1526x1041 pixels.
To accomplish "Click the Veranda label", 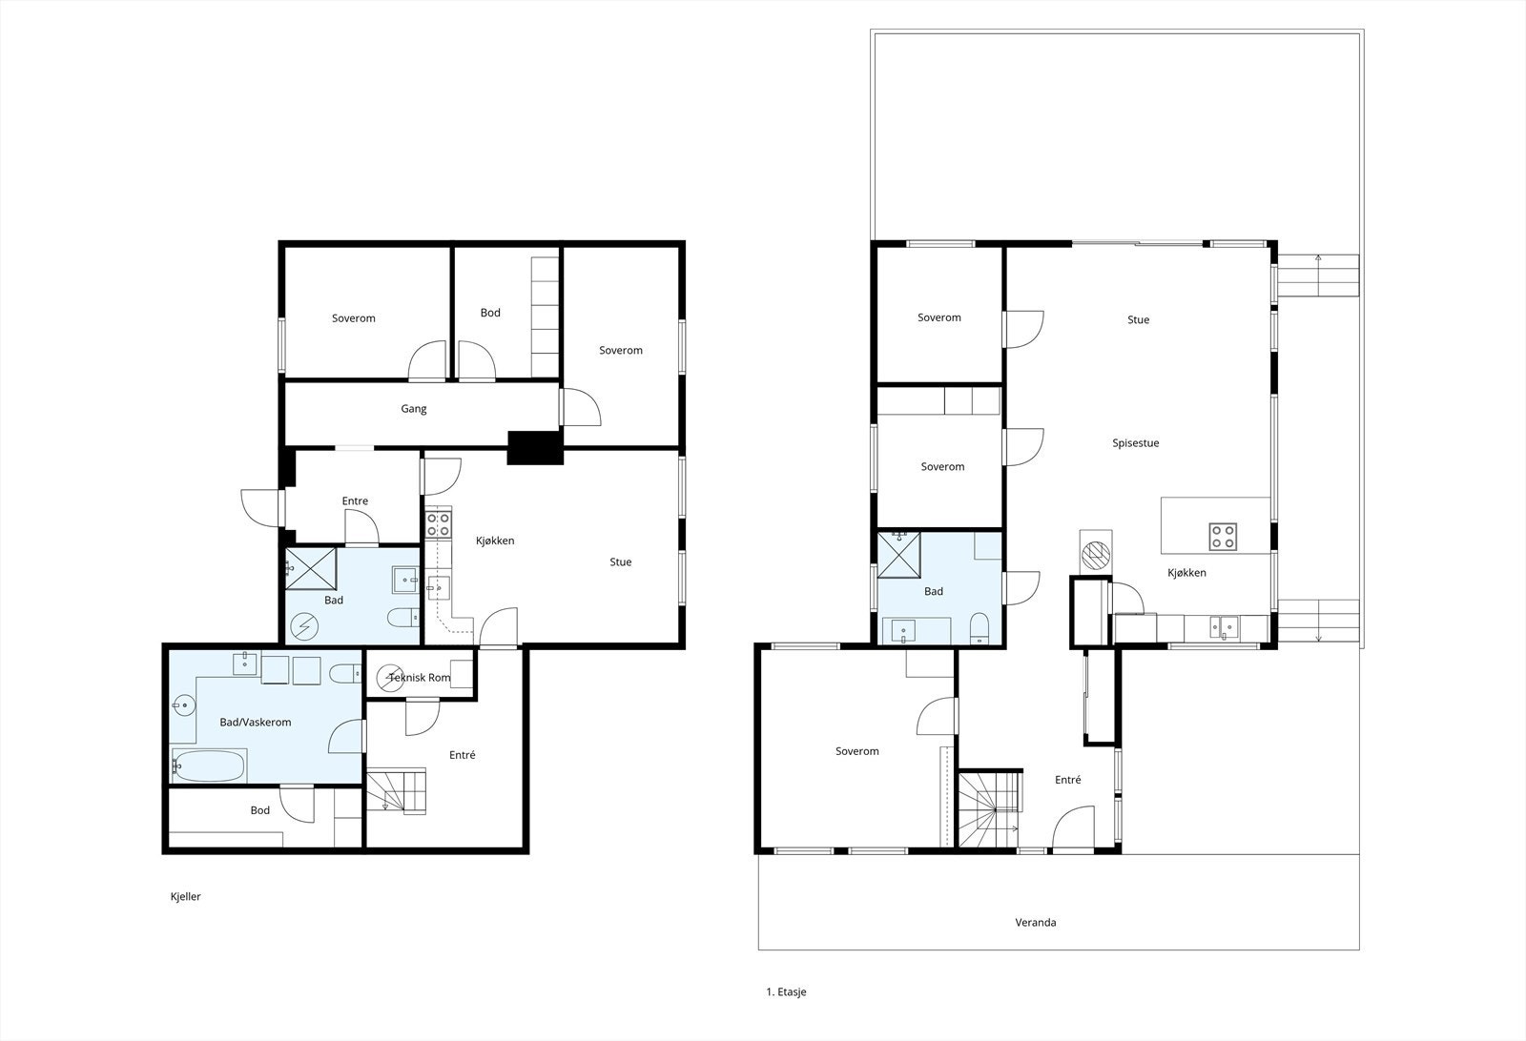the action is pyautogui.click(x=1036, y=923).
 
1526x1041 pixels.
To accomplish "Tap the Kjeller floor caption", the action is pyautogui.click(x=185, y=897).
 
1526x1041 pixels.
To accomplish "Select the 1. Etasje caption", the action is pyautogui.click(x=786, y=992).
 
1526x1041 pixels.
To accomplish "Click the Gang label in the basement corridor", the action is pyautogui.click(x=414, y=409).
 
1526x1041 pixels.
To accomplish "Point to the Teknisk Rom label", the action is pyautogui.click(x=420, y=678).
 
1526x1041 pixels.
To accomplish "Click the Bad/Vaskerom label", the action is pyautogui.click(x=256, y=723).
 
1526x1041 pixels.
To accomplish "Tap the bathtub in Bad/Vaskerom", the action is pyautogui.click(x=208, y=765).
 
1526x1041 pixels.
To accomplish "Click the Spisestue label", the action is pyautogui.click(x=1136, y=443).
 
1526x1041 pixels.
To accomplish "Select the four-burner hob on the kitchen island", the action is pyautogui.click(x=1223, y=537).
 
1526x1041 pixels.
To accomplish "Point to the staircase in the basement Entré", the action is pyautogui.click(x=397, y=791).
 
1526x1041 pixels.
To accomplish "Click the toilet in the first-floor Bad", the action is pyautogui.click(x=979, y=628).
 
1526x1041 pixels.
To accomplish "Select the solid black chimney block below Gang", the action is pyautogui.click(x=535, y=448).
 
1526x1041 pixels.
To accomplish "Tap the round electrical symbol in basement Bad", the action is pyautogui.click(x=304, y=627).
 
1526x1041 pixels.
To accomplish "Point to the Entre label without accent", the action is pyautogui.click(x=355, y=501).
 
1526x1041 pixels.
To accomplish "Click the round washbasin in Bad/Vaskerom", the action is pyautogui.click(x=182, y=705).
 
